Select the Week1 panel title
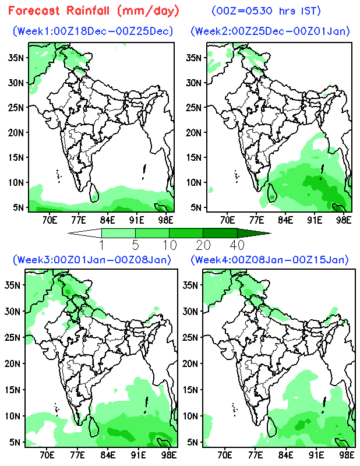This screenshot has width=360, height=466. [x=93, y=31]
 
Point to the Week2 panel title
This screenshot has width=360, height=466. [x=271, y=31]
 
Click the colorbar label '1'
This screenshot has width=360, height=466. [x=102, y=245]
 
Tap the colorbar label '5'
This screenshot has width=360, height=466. [x=135, y=245]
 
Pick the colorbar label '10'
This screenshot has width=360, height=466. [x=169, y=245]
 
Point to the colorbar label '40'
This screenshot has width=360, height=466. [x=237, y=245]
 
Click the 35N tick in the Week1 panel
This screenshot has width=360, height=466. [x=18, y=57]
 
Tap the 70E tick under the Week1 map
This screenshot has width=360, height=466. [x=49, y=220]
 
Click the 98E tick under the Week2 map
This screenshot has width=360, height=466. [x=344, y=220]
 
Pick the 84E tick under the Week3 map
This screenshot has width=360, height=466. [x=107, y=454]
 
